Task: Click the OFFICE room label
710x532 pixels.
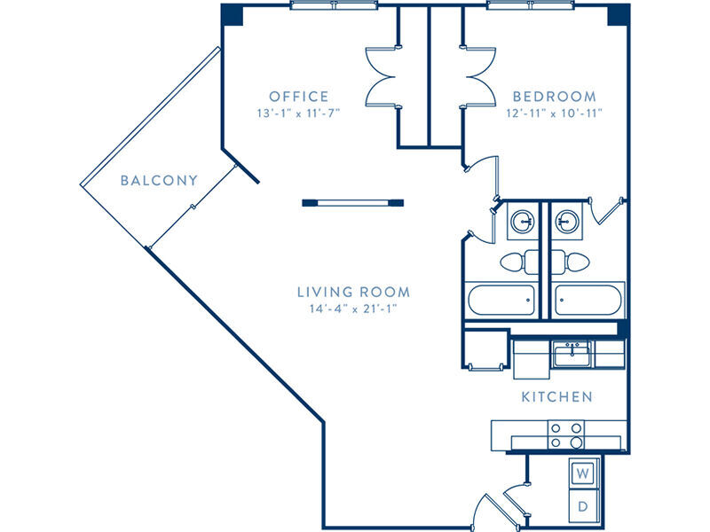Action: (x=299, y=97)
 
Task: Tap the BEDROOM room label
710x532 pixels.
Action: (x=554, y=97)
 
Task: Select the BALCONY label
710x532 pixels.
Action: (x=159, y=181)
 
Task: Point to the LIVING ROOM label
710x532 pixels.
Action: (x=353, y=292)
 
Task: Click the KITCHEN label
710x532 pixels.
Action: (x=557, y=396)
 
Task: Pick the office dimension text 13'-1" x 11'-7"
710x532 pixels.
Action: (x=298, y=113)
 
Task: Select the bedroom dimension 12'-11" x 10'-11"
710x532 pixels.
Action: (x=554, y=113)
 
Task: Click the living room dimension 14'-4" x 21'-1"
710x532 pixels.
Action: (x=353, y=309)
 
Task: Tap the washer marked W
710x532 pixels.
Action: (x=583, y=473)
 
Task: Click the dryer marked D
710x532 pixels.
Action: (x=583, y=505)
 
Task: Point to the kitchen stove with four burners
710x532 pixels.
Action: (x=566, y=435)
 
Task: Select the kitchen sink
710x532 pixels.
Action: (x=572, y=354)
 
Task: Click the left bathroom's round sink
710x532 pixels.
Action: (x=523, y=222)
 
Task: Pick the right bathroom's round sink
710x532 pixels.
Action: (x=567, y=222)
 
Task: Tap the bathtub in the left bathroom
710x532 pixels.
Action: (x=501, y=300)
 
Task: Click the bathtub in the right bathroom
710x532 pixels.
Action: (x=588, y=300)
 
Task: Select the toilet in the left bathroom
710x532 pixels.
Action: (x=519, y=262)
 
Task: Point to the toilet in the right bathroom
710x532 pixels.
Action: (x=571, y=262)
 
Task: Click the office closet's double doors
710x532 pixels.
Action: (x=383, y=77)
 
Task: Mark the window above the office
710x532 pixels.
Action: (x=334, y=5)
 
